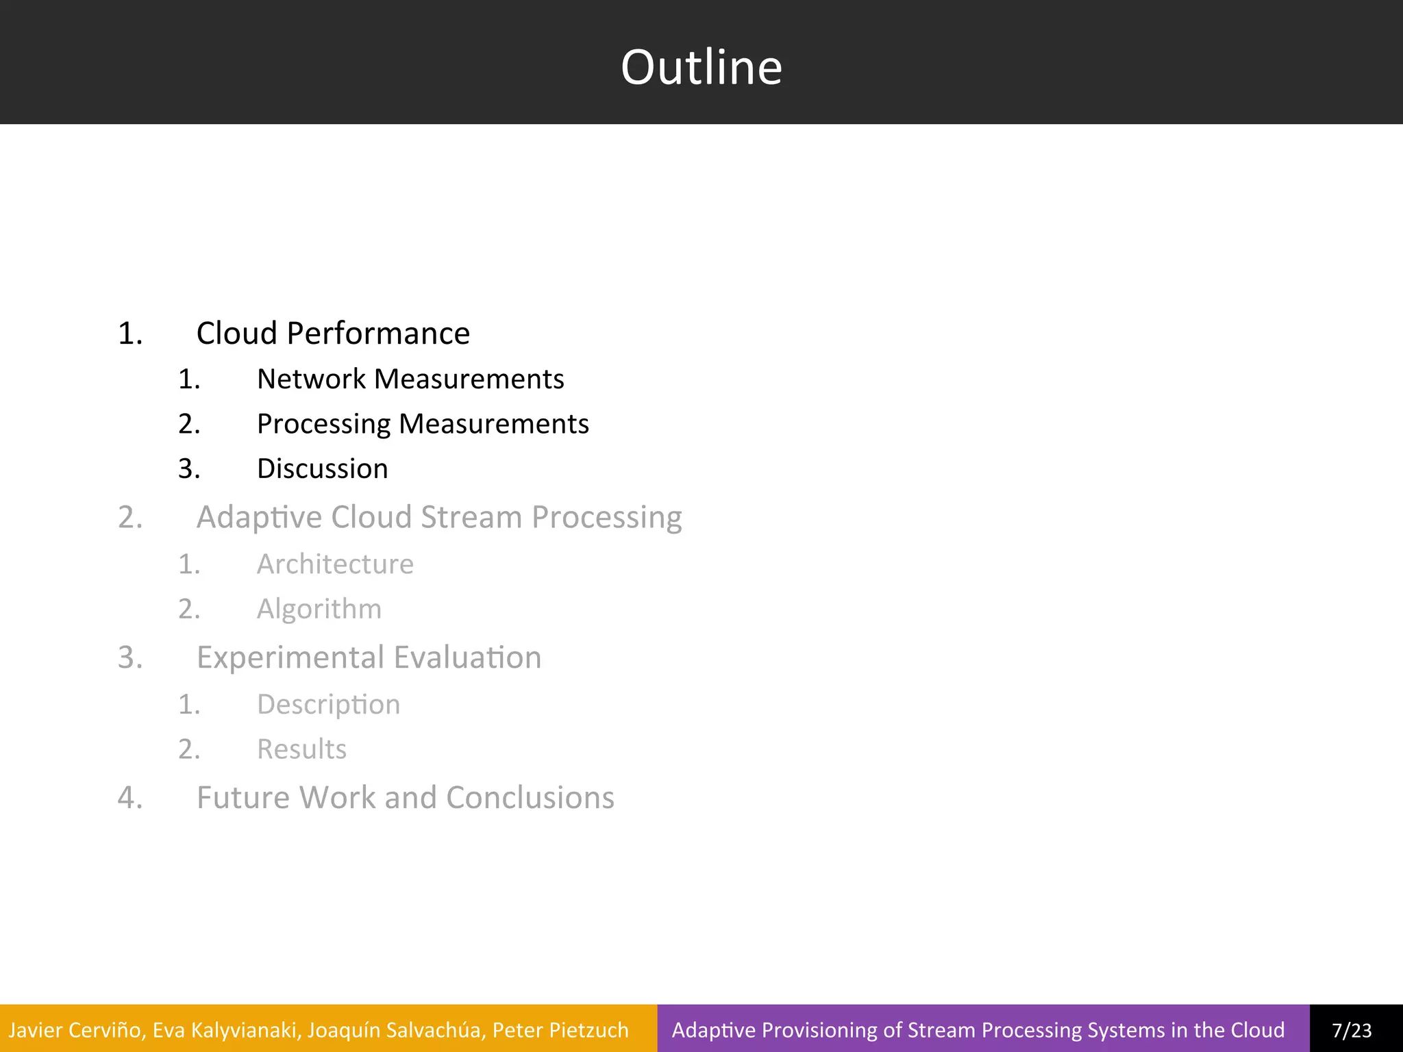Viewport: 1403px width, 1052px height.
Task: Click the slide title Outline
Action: click(x=701, y=67)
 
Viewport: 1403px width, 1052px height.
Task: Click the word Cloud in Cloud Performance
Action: click(x=237, y=334)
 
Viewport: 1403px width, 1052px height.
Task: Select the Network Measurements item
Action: click(x=410, y=379)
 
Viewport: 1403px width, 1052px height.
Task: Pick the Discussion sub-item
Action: click(x=322, y=469)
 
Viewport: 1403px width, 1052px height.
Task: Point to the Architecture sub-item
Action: click(x=335, y=564)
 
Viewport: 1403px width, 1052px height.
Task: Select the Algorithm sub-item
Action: click(x=319, y=609)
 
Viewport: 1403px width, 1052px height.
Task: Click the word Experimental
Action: click(x=290, y=657)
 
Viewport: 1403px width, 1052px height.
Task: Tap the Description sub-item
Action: click(x=328, y=705)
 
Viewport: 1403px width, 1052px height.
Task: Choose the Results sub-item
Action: click(x=301, y=749)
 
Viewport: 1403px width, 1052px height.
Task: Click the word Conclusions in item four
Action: click(x=530, y=798)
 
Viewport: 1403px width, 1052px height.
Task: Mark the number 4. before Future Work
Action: click(x=130, y=798)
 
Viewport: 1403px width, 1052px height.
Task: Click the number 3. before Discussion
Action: click(x=189, y=469)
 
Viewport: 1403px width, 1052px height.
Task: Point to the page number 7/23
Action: click(x=1352, y=1030)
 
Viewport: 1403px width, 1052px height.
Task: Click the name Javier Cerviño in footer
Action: click(x=75, y=1030)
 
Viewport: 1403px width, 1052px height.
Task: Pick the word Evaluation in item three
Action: click(x=467, y=657)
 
